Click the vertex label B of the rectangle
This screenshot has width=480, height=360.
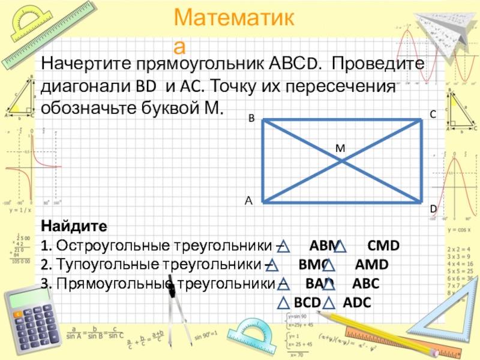tap(252, 120)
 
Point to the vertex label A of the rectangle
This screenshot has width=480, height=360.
tap(248, 202)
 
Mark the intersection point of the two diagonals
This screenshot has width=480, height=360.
tap(341, 161)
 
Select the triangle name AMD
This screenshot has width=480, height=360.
tap(371, 265)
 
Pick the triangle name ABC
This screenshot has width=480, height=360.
tap(365, 283)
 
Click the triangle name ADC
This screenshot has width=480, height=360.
tap(356, 302)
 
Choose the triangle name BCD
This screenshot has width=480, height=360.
tap(307, 302)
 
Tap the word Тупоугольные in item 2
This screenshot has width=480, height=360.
tap(103, 265)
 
